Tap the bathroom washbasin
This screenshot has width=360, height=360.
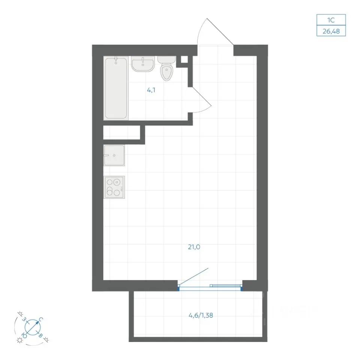point(143,64)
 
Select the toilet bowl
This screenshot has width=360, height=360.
point(166,72)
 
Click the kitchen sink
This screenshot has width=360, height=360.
point(114,155)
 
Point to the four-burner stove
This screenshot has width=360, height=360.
point(114,187)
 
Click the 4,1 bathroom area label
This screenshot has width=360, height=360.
point(151,90)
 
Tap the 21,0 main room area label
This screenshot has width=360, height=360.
point(194,247)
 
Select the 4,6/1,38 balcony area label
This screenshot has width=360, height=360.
point(201,315)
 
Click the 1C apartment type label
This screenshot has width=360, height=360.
point(331,20)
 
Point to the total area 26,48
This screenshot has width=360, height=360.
point(331,31)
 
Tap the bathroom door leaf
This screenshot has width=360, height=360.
point(202,96)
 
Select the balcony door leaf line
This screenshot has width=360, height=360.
point(193,277)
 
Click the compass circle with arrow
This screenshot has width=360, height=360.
point(32,327)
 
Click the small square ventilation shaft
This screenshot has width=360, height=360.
point(184,60)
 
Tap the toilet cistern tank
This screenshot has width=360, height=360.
point(166,60)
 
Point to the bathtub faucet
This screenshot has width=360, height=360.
point(116,60)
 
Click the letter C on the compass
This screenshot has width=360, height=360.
point(41,319)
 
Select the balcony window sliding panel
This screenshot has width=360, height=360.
point(226,286)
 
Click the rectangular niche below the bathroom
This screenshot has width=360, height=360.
point(121,132)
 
